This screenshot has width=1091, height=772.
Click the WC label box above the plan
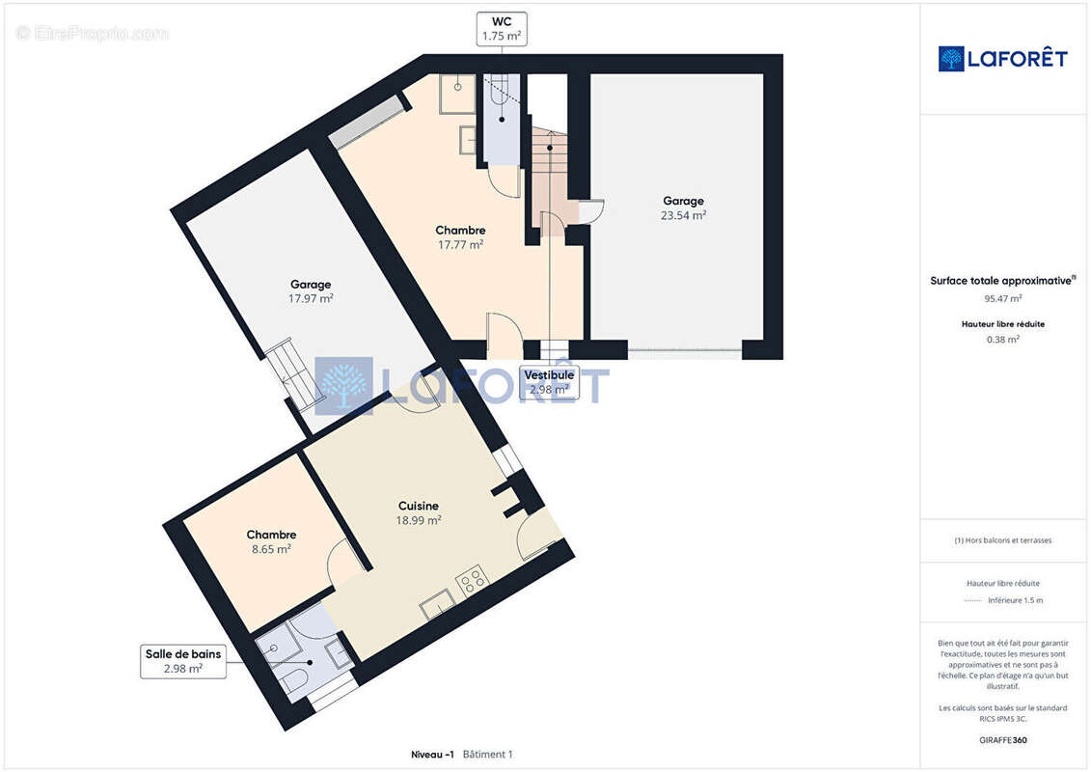click(501, 29)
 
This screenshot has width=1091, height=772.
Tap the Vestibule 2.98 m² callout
click(549, 382)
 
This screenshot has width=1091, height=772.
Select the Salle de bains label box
click(183, 661)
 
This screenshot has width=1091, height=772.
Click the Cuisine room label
click(419, 506)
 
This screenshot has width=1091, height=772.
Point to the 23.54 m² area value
click(683, 216)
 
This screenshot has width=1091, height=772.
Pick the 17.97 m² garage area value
click(311, 298)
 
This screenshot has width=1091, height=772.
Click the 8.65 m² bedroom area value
click(271, 549)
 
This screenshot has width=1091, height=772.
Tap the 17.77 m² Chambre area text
click(460, 245)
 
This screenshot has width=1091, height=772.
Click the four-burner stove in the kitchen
click(471, 580)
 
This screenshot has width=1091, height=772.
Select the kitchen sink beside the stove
click(438, 604)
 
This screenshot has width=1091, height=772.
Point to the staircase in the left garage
click(292, 372)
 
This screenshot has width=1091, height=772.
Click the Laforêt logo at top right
click(1002, 59)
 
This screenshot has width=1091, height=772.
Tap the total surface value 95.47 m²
click(1002, 298)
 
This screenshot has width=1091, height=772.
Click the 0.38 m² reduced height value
click(1002, 340)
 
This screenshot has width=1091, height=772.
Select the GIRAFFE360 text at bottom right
click(1002, 740)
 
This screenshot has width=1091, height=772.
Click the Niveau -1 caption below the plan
click(432, 755)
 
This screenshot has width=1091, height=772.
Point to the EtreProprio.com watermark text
click(93, 33)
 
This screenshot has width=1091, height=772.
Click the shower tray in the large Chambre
click(457, 94)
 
